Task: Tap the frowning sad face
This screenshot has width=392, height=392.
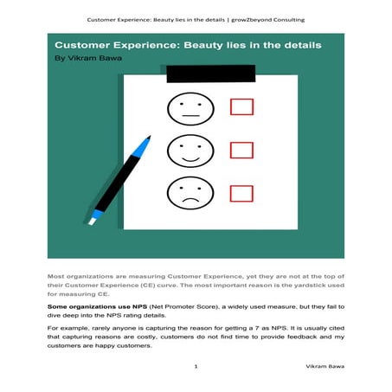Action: click(190, 195)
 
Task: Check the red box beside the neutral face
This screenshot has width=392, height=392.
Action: click(242, 106)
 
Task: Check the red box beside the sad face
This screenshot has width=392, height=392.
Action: click(242, 192)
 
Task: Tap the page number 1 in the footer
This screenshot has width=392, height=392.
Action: click(196, 368)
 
